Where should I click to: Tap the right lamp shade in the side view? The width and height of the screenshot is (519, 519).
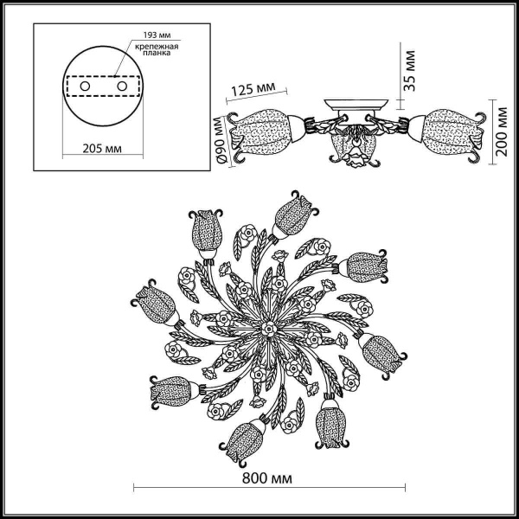pos(449,128)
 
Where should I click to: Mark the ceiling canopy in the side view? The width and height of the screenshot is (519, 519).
pos(354,109)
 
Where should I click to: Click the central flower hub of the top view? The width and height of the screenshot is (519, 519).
pos(268,329)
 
